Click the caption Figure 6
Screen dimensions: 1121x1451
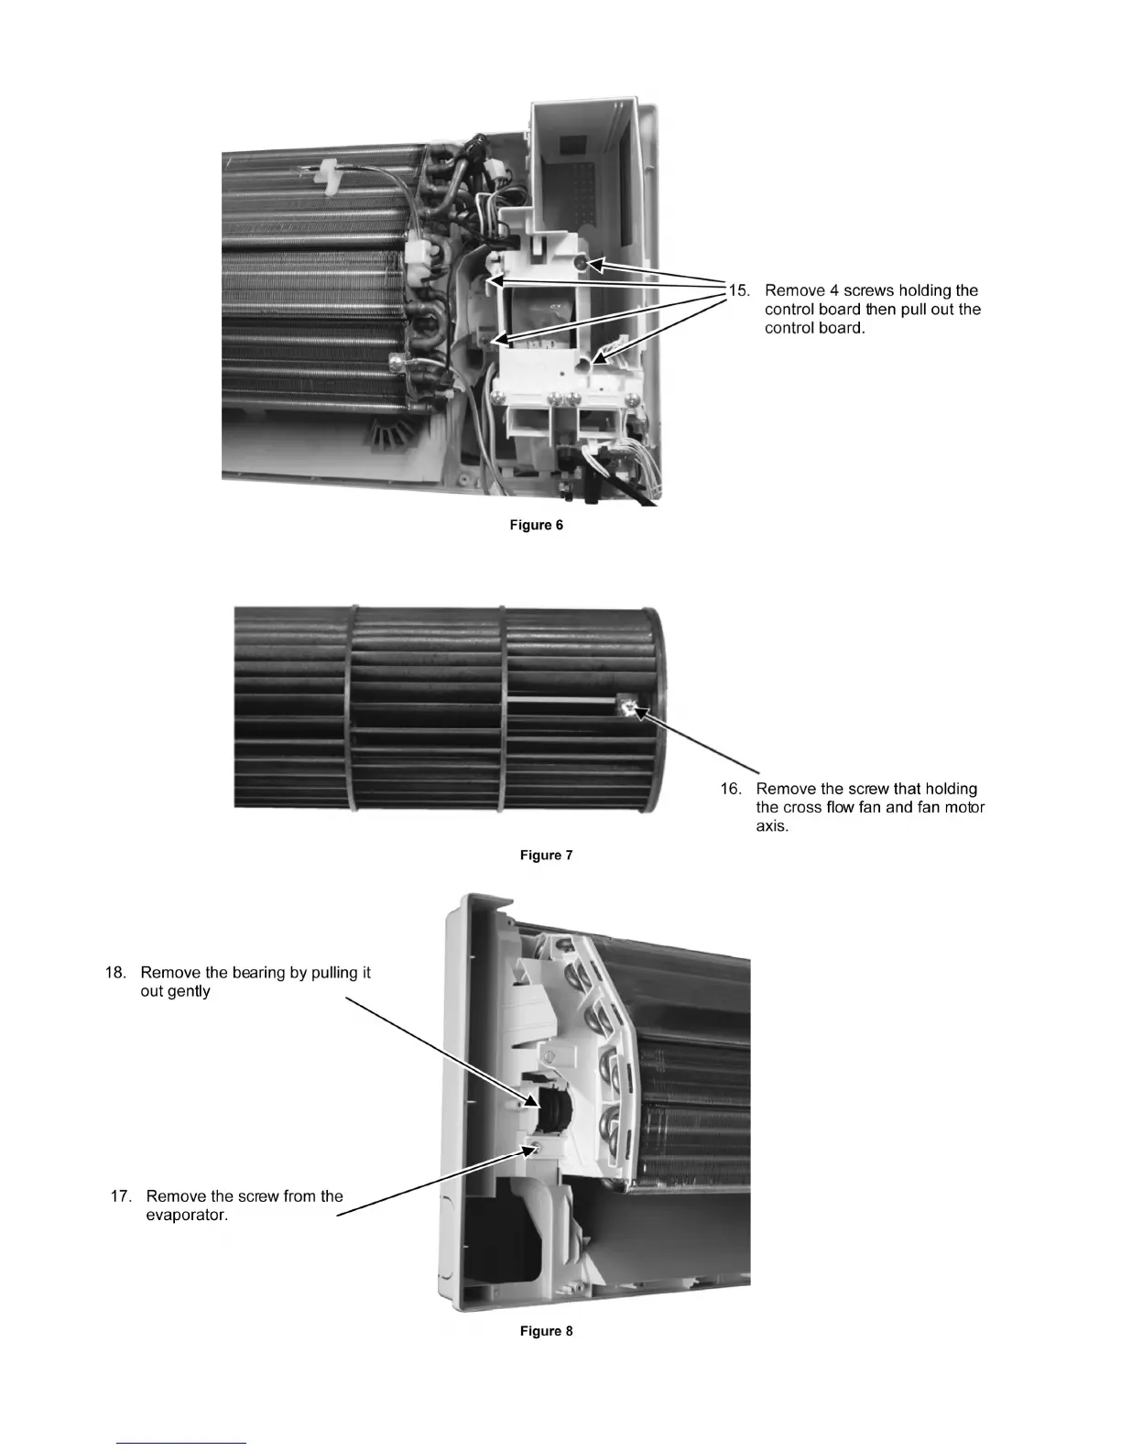[x=536, y=525]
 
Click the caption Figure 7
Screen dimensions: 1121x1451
[x=546, y=855]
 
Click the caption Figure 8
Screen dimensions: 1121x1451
[x=546, y=1330]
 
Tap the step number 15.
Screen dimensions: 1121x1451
[x=738, y=290]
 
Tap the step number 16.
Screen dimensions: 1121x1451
[x=730, y=789]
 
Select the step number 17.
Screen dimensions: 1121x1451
[x=121, y=1196]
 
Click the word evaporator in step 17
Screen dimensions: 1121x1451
[x=187, y=1216]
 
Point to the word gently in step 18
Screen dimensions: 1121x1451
[x=189, y=992]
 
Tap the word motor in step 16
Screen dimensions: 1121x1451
[x=963, y=808]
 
